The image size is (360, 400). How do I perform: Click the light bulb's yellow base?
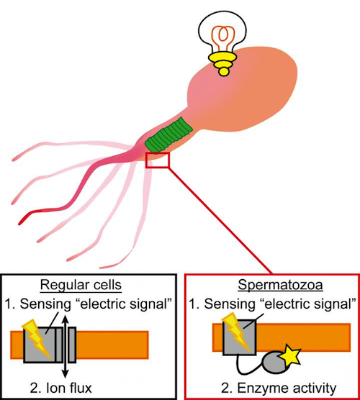(x=222, y=64)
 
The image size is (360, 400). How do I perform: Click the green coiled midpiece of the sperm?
(x=169, y=135)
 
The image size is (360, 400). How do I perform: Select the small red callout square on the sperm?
(x=157, y=160)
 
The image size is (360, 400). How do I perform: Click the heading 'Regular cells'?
(x=81, y=284)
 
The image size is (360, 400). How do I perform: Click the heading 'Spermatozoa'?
(x=280, y=285)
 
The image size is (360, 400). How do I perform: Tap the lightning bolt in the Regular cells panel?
(x=37, y=337)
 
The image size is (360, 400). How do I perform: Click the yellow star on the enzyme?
(x=290, y=355)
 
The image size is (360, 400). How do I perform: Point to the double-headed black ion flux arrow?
(x=66, y=347)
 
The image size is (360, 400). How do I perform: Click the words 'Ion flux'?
(x=69, y=388)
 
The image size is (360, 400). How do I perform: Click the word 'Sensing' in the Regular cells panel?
(x=45, y=304)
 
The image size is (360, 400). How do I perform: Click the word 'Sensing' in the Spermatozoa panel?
(x=230, y=304)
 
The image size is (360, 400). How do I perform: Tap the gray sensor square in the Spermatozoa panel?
(x=239, y=337)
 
